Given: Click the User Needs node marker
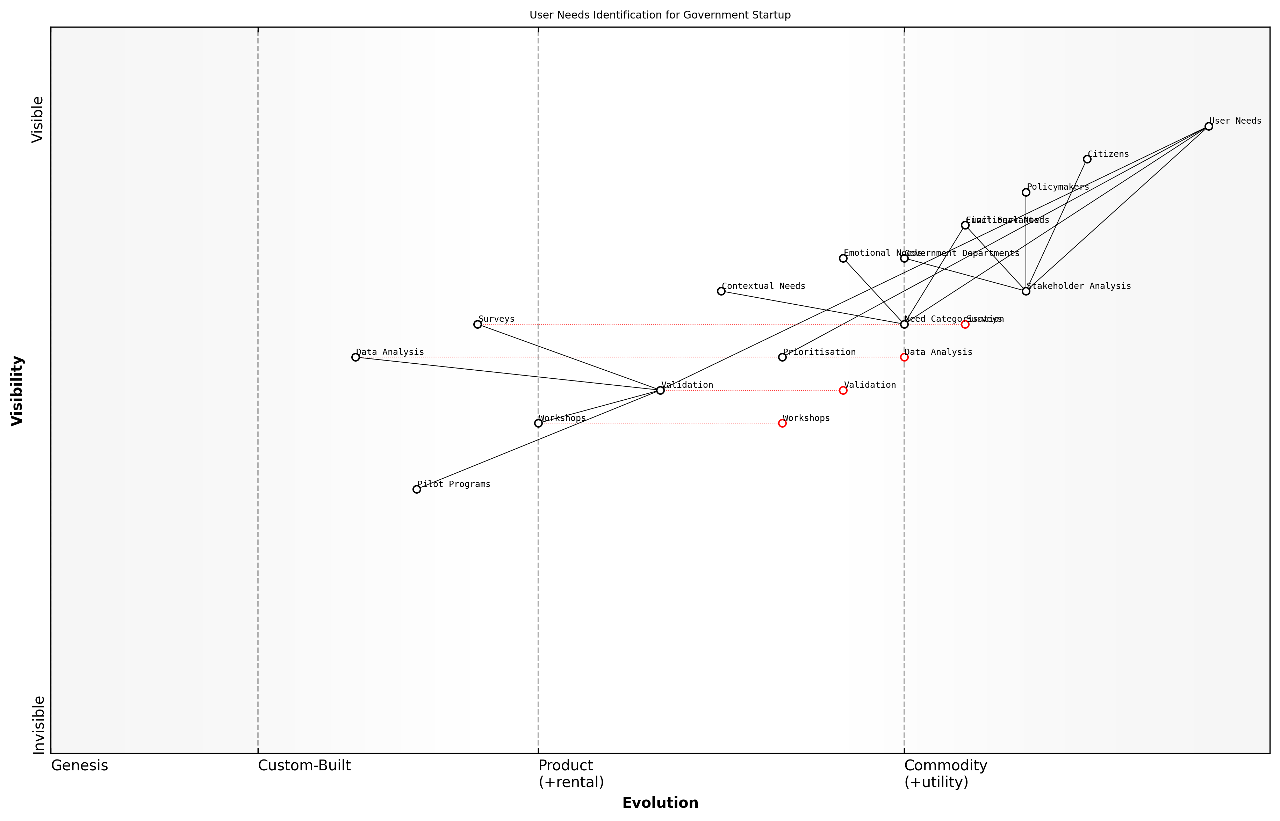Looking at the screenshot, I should point(1209,126).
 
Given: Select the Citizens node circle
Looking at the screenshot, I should point(1087,159).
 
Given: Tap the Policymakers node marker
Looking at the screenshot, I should point(1026,192).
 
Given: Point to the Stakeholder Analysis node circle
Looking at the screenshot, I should point(1026,291).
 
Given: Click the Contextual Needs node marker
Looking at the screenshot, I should point(721,291).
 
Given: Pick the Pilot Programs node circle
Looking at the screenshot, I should point(417,489).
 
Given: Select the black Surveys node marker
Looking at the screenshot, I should point(477,324).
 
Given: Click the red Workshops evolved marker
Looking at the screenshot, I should point(782,423).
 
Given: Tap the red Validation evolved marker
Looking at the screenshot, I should point(843,390).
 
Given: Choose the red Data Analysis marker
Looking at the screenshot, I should point(904,357).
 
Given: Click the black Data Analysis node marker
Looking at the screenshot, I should point(356,357).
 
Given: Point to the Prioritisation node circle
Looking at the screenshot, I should point(782,357).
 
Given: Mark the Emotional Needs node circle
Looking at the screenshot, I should point(843,259).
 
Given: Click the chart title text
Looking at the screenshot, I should point(660,15).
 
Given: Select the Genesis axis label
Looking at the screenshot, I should point(79,765).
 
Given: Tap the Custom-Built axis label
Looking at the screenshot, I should point(304,765).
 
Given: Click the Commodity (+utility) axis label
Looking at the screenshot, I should point(945,773).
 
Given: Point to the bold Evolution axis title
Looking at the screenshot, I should point(660,803).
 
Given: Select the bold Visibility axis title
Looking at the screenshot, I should point(17,390).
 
